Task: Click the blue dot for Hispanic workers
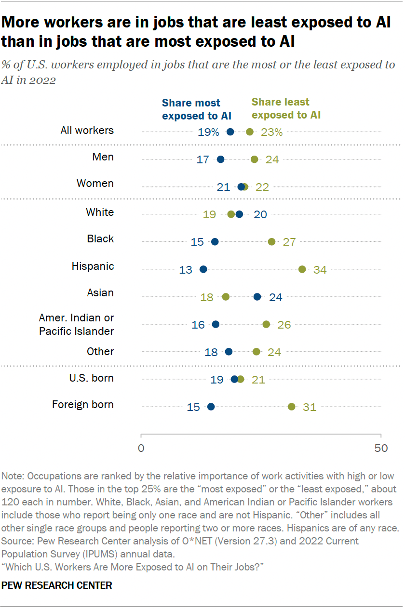point(203,269)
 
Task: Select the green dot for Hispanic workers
point(302,269)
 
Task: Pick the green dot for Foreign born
point(292,407)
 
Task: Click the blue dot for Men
point(221,159)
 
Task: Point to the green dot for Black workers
point(272,241)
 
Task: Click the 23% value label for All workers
point(272,132)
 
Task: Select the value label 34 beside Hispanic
point(320,269)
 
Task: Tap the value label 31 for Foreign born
point(310,407)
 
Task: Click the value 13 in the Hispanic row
point(186,269)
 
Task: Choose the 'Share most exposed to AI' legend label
point(197,109)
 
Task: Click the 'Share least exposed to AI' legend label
point(286,108)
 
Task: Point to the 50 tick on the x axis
point(381,448)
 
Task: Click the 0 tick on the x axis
point(141,448)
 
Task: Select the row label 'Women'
point(95,184)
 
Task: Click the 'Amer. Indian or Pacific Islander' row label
point(76,324)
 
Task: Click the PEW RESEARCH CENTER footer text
point(57,585)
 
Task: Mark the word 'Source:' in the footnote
point(17,541)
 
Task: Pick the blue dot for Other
point(229,352)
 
